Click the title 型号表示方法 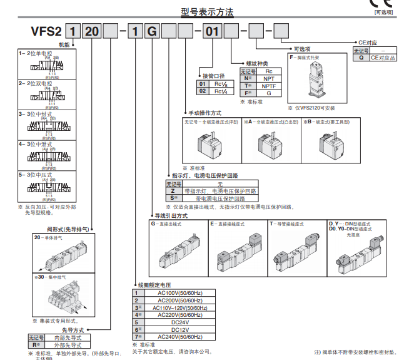coord(208,11)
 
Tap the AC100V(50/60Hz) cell coord(180,292)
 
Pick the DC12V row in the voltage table coord(180,329)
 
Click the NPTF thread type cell coord(269,86)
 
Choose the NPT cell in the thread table coord(269,78)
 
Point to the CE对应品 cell coord(383,57)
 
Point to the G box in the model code coord(151,30)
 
